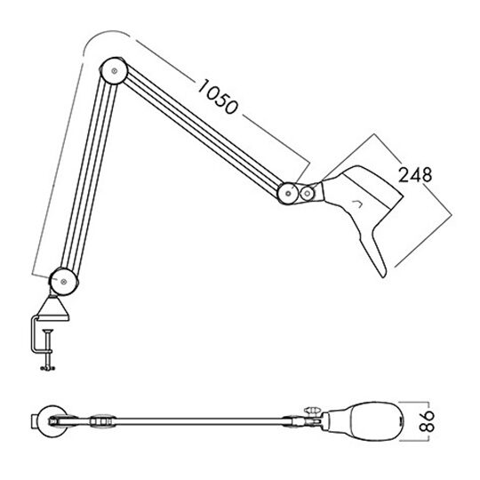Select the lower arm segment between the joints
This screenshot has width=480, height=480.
pyautogui.click(x=87, y=178)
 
